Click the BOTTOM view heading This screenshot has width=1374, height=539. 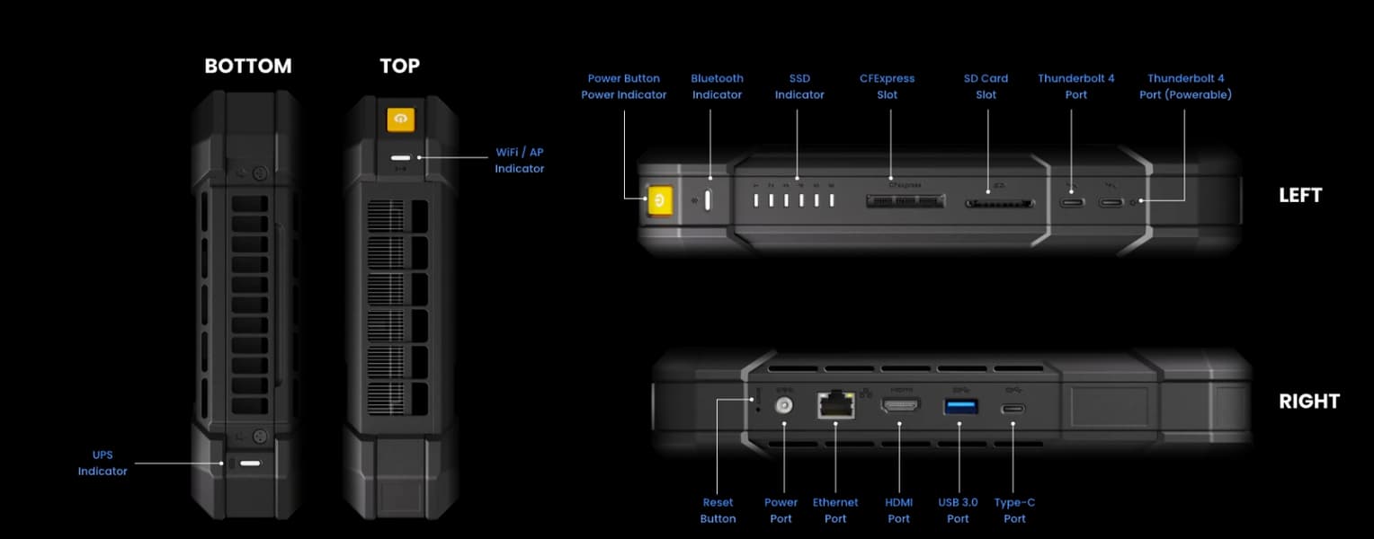point(248,66)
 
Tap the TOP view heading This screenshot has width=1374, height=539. point(400,66)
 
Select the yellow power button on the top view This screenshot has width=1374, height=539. point(400,119)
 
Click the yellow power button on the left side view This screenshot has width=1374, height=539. point(660,200)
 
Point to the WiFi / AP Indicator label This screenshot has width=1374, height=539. point(520,160)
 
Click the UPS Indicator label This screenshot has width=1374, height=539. point(103,463)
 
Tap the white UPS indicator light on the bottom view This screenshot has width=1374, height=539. point(250,463)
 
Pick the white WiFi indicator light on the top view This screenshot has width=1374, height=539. point(400,158)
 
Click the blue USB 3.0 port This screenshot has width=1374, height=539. point(960,406)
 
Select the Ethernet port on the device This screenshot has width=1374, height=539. point(836,405)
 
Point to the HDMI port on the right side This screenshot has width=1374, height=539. point(900,405)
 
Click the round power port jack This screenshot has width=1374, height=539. point(784,405)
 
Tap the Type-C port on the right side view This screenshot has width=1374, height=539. point(1013,409)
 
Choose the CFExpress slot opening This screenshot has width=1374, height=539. point(906,201)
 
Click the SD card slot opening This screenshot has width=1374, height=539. point(1000,203)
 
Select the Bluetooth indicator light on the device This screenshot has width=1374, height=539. point(708,200)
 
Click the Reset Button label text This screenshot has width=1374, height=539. point(718,510)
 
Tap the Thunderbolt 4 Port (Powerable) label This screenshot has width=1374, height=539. point(1186,86)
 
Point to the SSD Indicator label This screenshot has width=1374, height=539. point(799,86)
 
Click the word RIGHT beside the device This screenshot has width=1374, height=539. point(1309,402)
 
